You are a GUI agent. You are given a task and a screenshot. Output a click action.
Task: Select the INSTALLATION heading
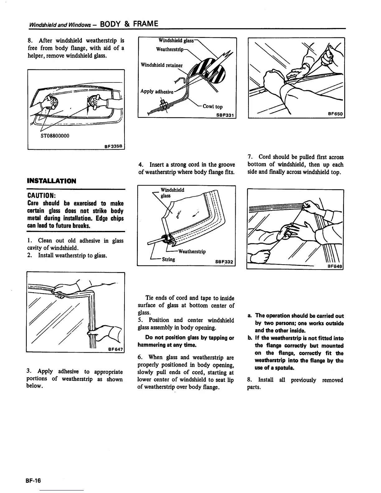pyautogui.click(x=51, y=181)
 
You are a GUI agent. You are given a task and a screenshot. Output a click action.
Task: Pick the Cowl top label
pyautogui.click(x=213, y=106)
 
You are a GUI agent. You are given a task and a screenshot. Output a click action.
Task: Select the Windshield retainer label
pyautogui.click(x=162, y=65)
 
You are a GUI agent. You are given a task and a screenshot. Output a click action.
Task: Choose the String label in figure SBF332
pyautogui.click(x=168, y=259)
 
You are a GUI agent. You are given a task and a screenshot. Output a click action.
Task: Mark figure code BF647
pyautogui.click(x=116, y=349)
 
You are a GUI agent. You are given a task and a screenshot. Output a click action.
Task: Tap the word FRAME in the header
pyautogui.click(x=146, y=24)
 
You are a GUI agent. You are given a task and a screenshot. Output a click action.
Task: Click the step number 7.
pyautogui.click(x=250, y=157)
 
